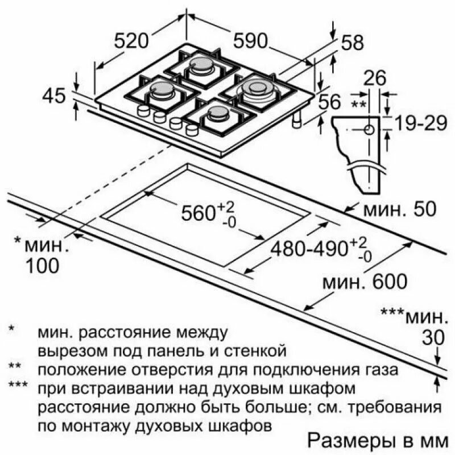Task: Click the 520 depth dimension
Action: tap(131, 40)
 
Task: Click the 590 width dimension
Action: tap(250, 40)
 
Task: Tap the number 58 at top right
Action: tap(352, 42)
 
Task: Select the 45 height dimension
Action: tap(54, 96)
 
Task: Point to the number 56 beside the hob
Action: tap(329, 102)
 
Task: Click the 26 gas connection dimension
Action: tap(375, 78)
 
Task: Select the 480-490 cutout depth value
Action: tap(309, 249)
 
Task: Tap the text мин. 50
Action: tap(400, 209)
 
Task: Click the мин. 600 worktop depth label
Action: tap(365, 282)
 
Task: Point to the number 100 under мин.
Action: tap(43, 266)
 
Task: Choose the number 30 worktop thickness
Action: tap(433, 338)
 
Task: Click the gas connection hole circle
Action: tap(369, 130)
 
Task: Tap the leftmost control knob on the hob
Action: tap(143, 110)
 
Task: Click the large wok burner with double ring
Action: tap(254, 89)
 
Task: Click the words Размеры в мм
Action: tap(378, 441)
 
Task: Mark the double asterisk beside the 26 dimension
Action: tap(359, 104)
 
